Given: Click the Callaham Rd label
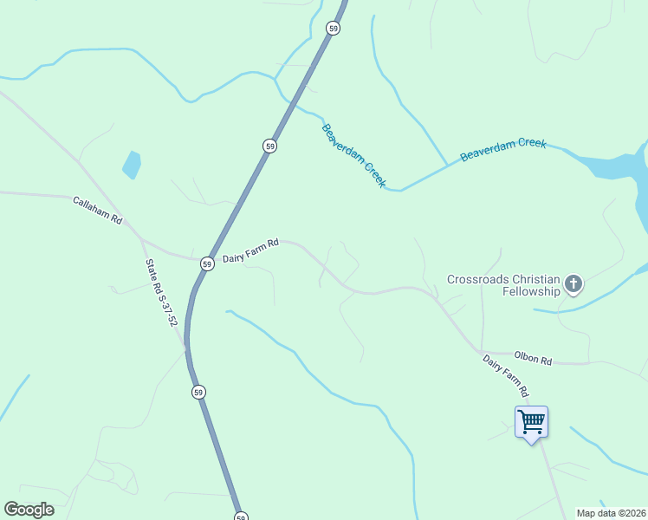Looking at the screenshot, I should coord(97,210).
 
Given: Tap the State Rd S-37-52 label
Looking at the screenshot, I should coord(162,294).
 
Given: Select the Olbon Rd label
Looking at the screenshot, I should coord(532,357).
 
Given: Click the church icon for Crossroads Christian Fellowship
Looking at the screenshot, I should coord(573,283).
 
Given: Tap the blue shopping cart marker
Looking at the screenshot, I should coord(531,423).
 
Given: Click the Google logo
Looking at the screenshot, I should coord(29,510).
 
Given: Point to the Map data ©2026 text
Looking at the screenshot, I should coord(612,513).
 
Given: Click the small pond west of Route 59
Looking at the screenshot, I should coord(132,164).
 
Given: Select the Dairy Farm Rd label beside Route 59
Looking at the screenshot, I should coord(250,250).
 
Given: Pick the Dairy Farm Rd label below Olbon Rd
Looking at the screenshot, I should coord(505,375).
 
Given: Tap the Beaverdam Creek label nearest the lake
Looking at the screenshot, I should coord(502,149).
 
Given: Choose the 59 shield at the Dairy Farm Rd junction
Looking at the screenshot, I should coord(207,263).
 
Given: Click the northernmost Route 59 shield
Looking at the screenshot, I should coord(334,29).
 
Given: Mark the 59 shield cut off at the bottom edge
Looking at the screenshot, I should coord(241,516).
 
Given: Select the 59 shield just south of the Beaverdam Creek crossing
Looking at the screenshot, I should coord(270,146).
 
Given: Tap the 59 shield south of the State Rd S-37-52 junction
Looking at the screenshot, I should coord(199,393).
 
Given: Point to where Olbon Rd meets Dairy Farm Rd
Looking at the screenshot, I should coord(482,352).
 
